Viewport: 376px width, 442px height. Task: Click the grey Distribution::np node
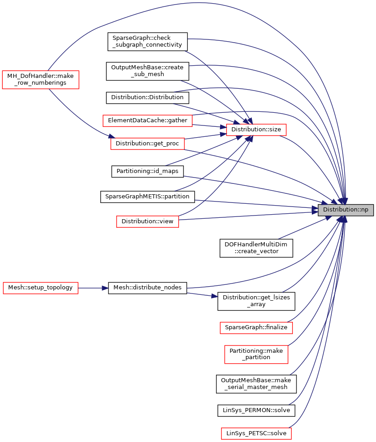point(346,210)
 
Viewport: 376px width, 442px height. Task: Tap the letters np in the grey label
point(364,210)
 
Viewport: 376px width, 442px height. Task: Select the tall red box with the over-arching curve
point(41,80)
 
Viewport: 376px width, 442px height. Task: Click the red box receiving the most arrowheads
point(256,130)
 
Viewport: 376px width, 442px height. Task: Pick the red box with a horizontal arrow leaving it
point(41,288)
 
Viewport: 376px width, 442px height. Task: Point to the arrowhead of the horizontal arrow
point(105,288)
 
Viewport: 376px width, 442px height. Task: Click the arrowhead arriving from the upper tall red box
point(111,136)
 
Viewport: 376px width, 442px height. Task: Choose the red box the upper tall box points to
point(147,144)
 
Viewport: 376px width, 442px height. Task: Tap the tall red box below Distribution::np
point(256,354)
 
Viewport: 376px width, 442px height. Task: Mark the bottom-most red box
point(256,433)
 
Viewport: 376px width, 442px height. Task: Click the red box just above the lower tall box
point(256,328)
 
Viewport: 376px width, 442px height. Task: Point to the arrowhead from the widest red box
point(222,127)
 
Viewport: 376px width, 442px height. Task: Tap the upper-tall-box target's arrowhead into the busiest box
point(222,134)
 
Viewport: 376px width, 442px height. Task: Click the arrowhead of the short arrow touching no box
point(215,296)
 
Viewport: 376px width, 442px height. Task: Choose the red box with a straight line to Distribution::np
point(147,221)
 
